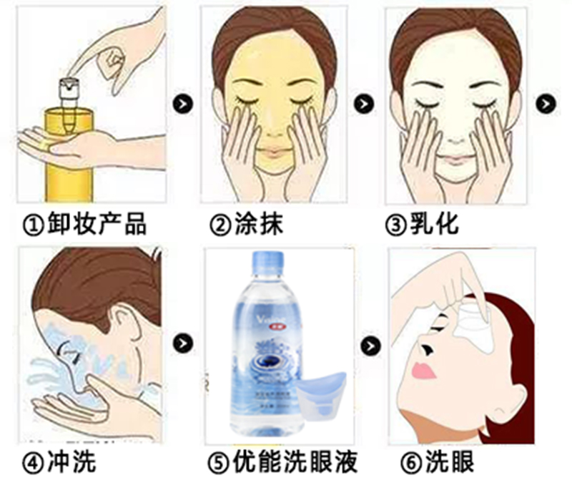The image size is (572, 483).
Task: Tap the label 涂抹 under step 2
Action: pos(255,224)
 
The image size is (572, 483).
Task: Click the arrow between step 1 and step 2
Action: pos(184,103)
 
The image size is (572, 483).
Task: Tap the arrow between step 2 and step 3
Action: pos(365,103)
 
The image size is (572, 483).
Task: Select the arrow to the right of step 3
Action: pos(547,103)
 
